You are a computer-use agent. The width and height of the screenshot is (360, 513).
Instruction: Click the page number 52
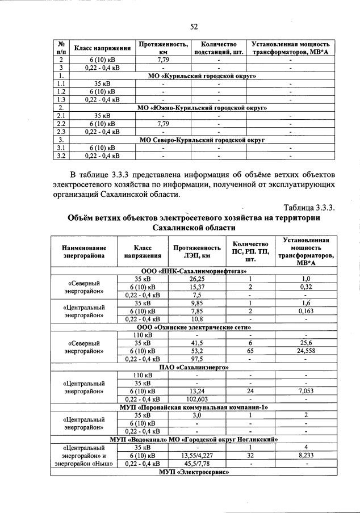[193, 26]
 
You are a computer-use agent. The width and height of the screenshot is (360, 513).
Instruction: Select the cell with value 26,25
[196, 279]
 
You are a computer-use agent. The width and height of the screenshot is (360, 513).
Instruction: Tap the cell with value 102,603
[196, 399]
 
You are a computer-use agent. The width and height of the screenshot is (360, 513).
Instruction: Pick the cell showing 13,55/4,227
[196, 455]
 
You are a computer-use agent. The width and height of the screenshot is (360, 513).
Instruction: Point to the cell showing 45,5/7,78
[196, 463]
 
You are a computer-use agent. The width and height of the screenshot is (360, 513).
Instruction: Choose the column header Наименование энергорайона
[85, 252]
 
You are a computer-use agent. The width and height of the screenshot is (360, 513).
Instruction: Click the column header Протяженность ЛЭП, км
[196, 252]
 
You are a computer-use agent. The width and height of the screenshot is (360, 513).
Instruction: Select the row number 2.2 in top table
[61, 123]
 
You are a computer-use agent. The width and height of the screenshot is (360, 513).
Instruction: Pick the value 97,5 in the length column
[196, 359]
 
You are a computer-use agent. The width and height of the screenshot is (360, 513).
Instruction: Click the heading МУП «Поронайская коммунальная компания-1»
[193, 407]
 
